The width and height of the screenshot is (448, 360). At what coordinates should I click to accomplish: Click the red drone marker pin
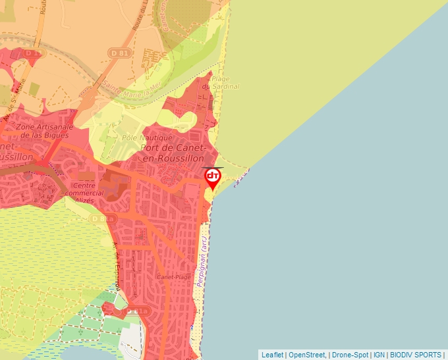(213, 178)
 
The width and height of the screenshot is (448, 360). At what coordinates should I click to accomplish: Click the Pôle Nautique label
(148, 138)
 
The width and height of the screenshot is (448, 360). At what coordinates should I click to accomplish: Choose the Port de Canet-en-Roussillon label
(174, 153)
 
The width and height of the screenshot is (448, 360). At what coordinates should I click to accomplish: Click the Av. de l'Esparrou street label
(117, 267)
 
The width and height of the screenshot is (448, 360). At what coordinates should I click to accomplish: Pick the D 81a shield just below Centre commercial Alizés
(103, 218)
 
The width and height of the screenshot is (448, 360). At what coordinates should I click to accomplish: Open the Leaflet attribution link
(272, 355)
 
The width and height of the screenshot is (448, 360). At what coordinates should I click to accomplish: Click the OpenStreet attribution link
(307, 355)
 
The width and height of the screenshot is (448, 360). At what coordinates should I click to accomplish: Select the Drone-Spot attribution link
(349, 355)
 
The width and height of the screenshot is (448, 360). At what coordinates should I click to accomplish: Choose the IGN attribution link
(379, 355)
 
